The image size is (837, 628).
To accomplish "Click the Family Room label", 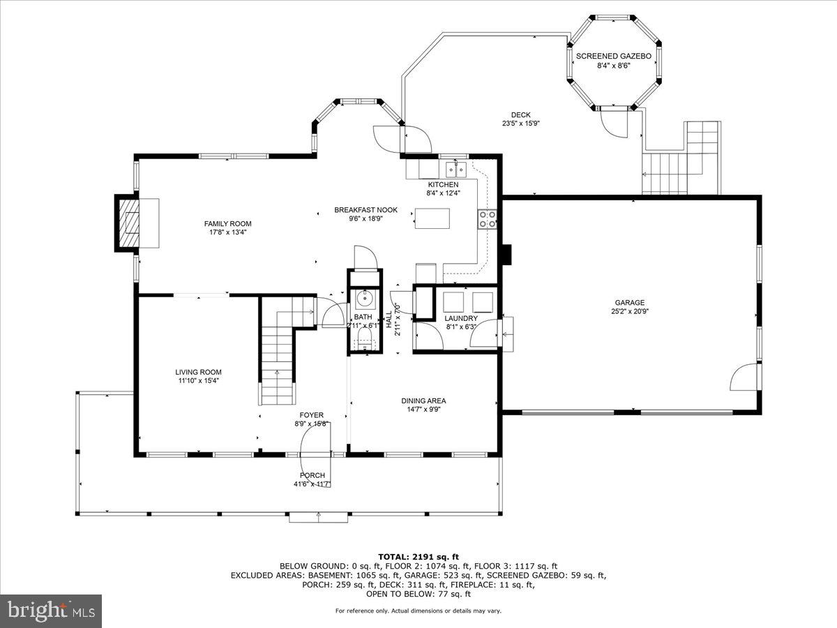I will [227, 223].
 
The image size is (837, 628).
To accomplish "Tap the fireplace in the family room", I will [128, 222].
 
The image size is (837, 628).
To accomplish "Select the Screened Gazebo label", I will [613, 56].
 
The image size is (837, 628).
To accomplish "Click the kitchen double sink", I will [457, 169].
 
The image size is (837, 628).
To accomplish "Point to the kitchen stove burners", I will [487, 220].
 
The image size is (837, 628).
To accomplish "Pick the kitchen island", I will [432, 218].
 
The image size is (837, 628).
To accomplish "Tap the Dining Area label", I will [423, 401].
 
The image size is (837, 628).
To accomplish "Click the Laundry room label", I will [461, 318].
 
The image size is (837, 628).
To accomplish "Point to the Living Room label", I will [198, 372].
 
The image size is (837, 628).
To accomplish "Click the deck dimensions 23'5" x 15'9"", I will [521, 124].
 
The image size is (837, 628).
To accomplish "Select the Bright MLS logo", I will [50, 611].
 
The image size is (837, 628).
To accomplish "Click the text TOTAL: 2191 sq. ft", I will [418, 555].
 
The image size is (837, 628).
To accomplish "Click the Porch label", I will [312, 475].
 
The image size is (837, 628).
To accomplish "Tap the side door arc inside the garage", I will [744, 377].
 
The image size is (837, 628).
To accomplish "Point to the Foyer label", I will [312, 415].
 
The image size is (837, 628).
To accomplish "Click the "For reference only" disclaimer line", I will [418, 611].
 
